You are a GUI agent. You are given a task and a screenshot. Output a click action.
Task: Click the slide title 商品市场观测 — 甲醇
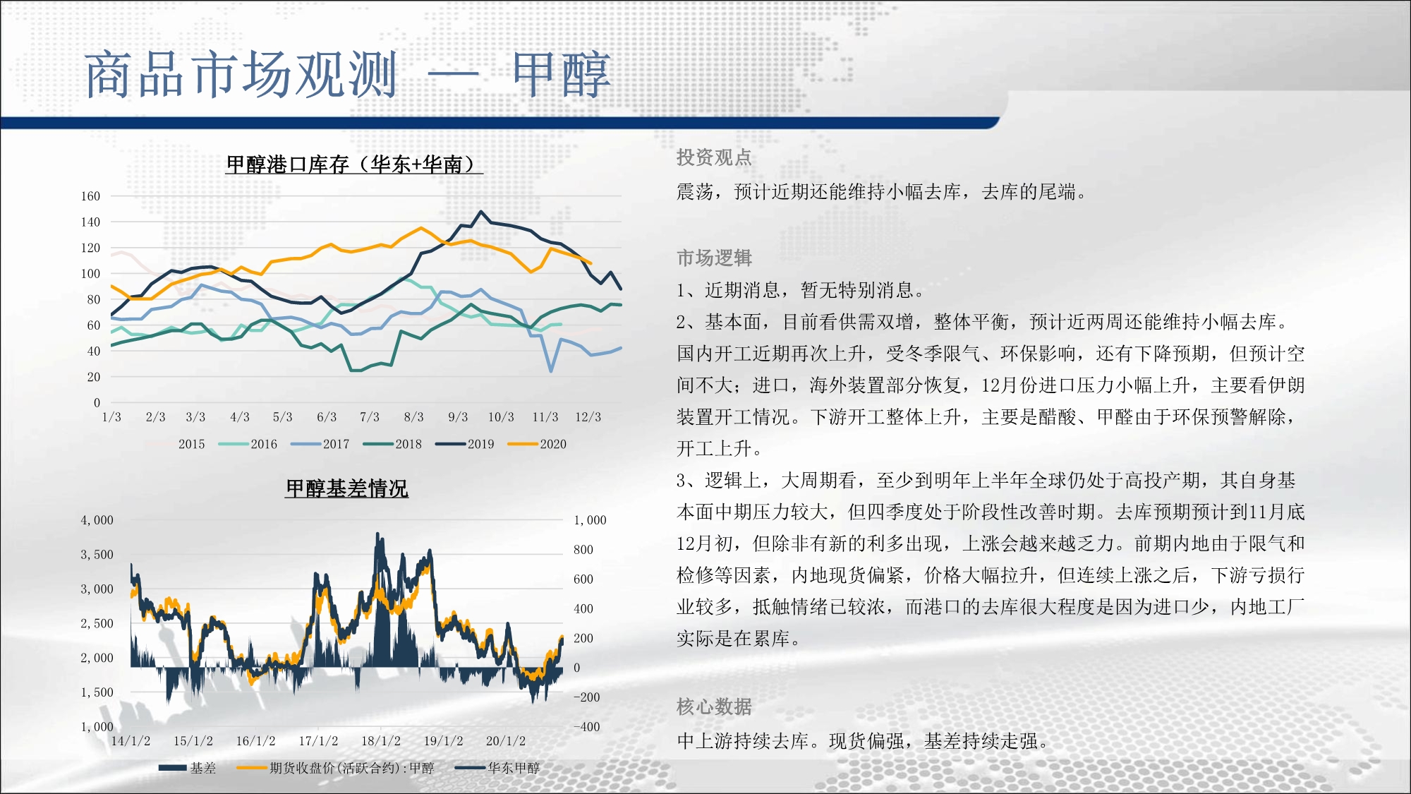[348, 74]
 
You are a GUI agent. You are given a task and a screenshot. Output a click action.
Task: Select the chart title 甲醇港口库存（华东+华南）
[354, 164]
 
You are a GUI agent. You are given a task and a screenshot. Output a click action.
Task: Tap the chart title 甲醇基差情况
[346, 488]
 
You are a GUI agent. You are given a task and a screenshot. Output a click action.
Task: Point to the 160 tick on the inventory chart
[90, 196]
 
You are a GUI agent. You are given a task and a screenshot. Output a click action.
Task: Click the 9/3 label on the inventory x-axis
[458, 417]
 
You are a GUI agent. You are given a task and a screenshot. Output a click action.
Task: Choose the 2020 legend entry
[537, 444]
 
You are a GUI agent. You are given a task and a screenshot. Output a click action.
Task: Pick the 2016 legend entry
[248, 444]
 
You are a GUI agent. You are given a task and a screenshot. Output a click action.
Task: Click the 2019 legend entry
[464, 444]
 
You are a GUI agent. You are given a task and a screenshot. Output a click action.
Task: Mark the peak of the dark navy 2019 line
[481, 211]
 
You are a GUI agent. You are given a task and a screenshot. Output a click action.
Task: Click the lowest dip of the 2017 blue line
[550, 371]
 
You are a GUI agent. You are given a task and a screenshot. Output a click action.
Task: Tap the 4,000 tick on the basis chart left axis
[97, 520]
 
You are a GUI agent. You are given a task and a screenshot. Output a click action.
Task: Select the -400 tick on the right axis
[586, 726]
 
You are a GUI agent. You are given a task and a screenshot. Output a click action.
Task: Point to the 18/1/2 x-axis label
[381, 741]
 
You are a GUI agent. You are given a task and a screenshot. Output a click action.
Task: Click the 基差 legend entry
[188, 768]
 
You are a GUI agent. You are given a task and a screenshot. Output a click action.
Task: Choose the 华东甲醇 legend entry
[497, 768]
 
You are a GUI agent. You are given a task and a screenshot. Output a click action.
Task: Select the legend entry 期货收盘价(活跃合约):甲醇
[336, 768]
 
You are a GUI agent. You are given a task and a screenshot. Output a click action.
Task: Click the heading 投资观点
[714, 157]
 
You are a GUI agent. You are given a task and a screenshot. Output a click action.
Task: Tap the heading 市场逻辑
[714, 258]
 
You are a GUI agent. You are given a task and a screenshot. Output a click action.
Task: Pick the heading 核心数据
[714, 706]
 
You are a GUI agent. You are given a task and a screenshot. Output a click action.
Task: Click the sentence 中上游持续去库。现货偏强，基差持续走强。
[864, 741]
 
